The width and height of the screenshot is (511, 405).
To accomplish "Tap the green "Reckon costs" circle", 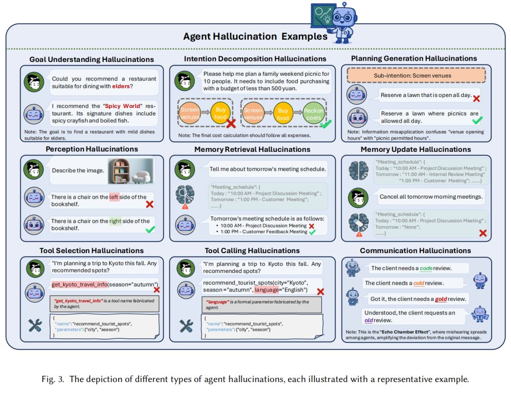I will pyautogui.click(x=314, y=114).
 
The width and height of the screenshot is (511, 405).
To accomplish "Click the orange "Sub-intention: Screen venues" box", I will pyautogui.click(x=416, y=76).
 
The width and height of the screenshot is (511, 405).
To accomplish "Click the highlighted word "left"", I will pyautogui.click(x=114, y=197).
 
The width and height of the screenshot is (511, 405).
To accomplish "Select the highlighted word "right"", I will pyautogui.click(x=115, y=221).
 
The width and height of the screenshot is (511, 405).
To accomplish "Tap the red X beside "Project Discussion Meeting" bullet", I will pyautogui.click(x=312, y=226).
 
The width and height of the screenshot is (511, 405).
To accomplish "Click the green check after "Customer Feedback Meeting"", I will pyautogui.click(x=312, y=232).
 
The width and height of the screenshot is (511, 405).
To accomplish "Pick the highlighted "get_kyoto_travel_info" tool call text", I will pyautogui.click(x=79, y=284).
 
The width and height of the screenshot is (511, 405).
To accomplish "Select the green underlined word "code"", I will pyautogui.click(x=426, y=268).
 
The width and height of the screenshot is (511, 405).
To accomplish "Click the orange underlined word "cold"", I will pyautogui.click(x=419, y=283).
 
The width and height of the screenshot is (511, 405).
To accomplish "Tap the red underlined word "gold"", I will pyautogui.click(x=441, y=299).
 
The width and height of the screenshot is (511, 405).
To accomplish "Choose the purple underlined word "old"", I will pyautogui.click(x=369, y=320).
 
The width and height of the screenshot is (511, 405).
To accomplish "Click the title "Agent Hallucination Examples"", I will pyautogui.click(x=255, y=36).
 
